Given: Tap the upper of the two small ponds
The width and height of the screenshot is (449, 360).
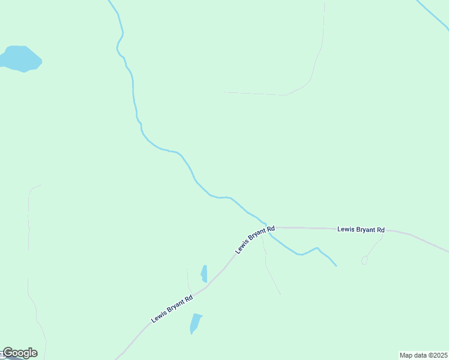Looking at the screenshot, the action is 204,274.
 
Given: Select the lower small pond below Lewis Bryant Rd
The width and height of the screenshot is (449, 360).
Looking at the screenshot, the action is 196,323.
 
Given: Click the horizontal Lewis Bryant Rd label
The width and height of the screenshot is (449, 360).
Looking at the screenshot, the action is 361,229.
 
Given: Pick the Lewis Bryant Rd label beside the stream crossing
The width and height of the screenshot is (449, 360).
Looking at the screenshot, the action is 255,239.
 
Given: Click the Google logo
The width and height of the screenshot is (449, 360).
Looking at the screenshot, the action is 20,353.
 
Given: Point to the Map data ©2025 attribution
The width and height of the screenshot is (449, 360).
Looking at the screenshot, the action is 424,355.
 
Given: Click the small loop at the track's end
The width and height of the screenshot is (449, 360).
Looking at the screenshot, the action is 364,260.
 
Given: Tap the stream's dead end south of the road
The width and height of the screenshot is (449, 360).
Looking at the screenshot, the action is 336,266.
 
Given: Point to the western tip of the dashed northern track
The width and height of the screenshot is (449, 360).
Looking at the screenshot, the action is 224,92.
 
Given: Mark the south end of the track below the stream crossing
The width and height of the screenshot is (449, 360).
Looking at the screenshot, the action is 280,295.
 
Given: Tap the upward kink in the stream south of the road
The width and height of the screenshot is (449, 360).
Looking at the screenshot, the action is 316,248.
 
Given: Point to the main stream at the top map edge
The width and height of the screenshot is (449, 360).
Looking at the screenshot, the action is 110,2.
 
